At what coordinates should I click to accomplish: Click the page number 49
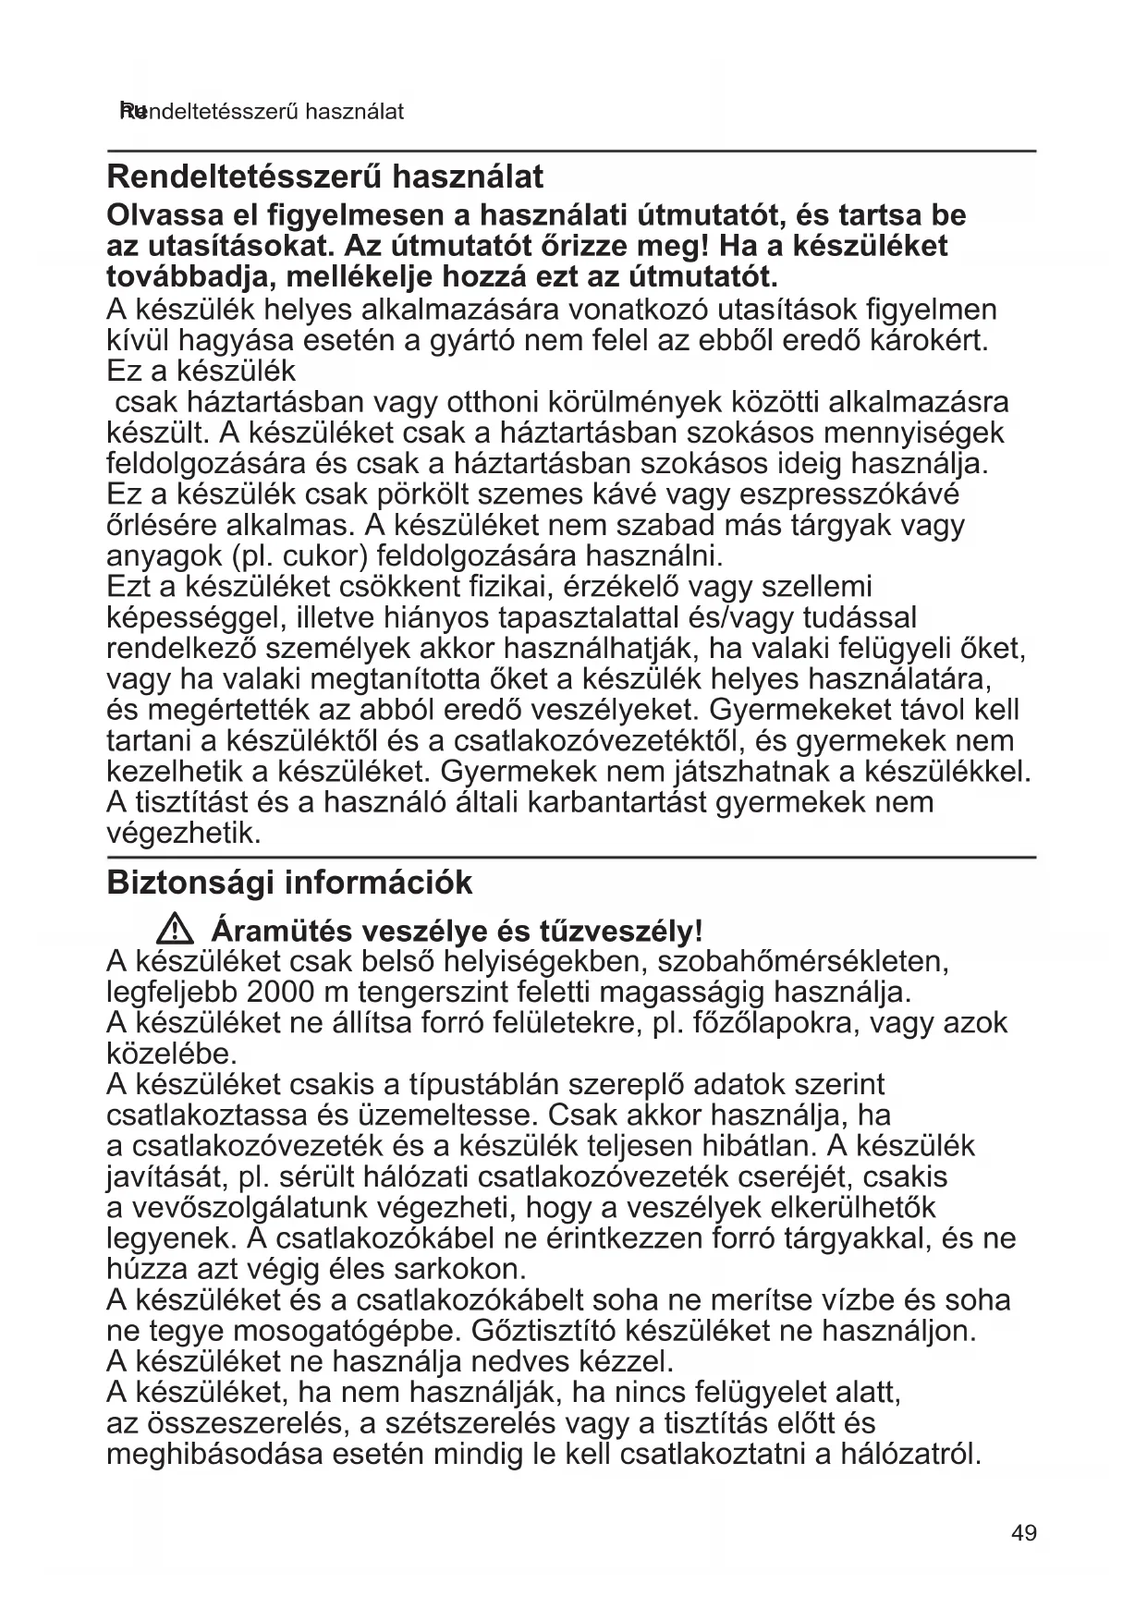point(1024,1533)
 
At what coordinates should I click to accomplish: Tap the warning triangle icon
point(174,928)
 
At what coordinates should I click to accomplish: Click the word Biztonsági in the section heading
point(190,883)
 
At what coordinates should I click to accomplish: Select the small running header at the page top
point(262,112)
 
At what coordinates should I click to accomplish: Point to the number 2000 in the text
point(282,993)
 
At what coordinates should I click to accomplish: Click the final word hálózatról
point(909,1455)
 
